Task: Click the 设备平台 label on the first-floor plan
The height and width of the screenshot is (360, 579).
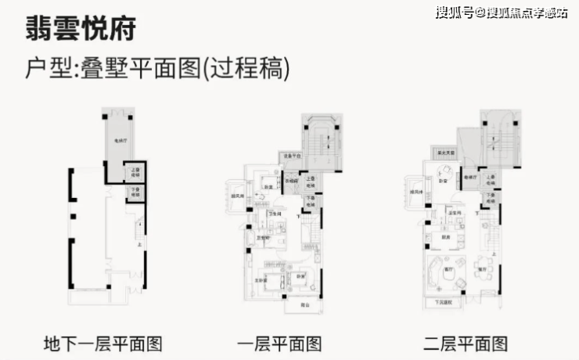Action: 291,156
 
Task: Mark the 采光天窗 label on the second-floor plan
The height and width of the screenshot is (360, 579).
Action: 443,154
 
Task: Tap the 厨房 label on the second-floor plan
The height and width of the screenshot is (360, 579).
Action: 444,237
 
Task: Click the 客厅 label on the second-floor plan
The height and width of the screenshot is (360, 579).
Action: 448,268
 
